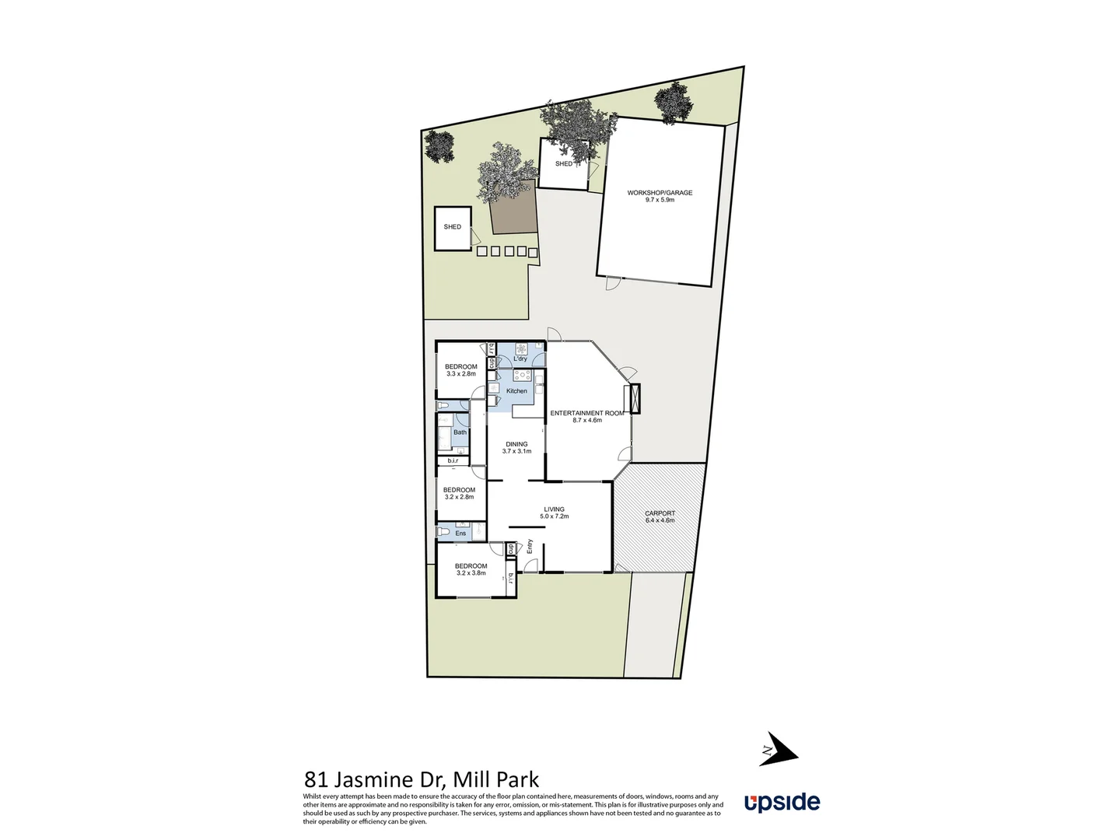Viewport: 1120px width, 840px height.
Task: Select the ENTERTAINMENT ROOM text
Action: point(586,413)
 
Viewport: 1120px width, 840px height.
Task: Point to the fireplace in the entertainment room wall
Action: point(635,398)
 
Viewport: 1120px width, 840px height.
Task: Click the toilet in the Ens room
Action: point(443,532)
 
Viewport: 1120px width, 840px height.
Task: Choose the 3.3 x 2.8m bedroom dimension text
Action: point(460,374)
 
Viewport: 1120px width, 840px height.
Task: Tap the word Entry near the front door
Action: point(530,546)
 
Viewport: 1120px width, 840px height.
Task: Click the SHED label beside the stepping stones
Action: point(453,227)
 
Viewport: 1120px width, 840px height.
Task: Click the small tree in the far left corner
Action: point(440,146)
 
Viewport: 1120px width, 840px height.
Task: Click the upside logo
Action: point(782,802)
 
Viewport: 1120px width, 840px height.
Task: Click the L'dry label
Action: point(520,359)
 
